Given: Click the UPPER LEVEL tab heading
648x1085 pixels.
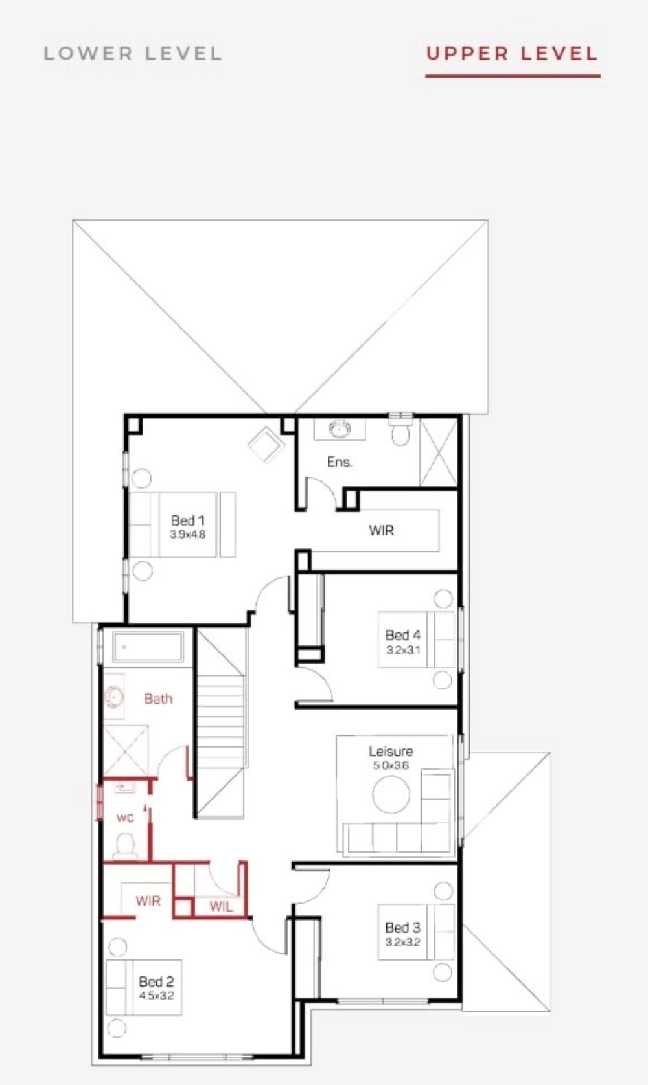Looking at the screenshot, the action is [513, 53].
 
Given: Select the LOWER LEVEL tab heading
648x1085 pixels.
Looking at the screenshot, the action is [133, 53].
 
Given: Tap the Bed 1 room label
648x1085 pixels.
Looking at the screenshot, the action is [187, 520].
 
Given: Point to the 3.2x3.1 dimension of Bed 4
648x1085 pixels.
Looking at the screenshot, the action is [403, 650].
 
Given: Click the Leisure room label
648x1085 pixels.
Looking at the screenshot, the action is [391, 751].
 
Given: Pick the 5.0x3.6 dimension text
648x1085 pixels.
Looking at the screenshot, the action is [391, 765].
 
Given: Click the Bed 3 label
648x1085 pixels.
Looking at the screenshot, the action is [403, 928].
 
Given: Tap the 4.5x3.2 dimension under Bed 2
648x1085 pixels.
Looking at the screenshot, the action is [157, 996].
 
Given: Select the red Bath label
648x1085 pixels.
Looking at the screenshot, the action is [159, 699].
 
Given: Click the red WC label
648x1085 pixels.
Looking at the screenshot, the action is [125, 818].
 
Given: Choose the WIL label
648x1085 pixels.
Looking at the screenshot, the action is [221, 907].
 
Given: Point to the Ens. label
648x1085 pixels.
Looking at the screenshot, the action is [340, 462].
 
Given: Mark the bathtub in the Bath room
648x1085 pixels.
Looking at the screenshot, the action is [148, 647].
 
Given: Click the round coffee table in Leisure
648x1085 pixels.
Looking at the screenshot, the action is [391, 795].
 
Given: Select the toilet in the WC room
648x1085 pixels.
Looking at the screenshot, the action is [125, 845].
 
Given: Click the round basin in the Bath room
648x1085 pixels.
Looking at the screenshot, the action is [115, 698].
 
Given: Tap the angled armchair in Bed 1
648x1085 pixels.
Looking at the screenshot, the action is [265, 443].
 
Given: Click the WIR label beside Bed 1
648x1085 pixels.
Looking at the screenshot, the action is [382, 530].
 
